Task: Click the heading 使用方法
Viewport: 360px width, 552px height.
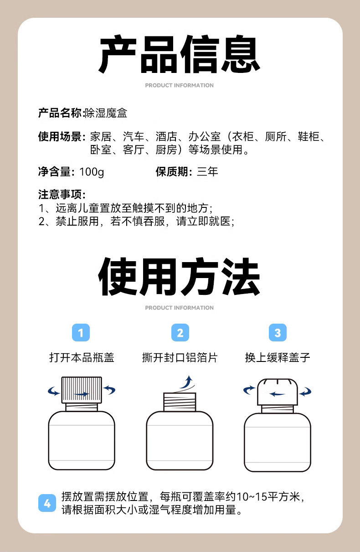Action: (x=180, y=277)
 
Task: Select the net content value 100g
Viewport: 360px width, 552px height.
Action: (x=92, y=172)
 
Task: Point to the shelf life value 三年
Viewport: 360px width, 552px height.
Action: (x=207, y=172)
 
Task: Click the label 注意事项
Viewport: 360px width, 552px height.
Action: (x=61, y=195)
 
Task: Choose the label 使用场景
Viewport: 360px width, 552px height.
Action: (x=61, y=137)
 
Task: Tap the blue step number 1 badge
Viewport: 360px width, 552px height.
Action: (x=81, y=333)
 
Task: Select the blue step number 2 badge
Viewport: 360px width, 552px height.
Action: (x=180, y=333)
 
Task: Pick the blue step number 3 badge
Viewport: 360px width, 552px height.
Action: (x=278, y=333)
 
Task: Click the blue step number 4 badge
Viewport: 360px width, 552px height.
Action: (x=47, y=504)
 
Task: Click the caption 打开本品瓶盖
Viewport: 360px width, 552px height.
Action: (x=82, y=358)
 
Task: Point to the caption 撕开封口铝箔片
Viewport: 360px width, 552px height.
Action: (x=180, y=358)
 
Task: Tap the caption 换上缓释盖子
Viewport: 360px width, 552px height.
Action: (x=278, y=358)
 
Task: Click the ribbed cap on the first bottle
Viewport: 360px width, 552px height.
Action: (x=82, y=390)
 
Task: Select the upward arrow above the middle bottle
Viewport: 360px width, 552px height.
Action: (x=185, y=382)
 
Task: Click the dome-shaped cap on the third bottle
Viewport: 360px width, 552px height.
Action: (x=278, y=391)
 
